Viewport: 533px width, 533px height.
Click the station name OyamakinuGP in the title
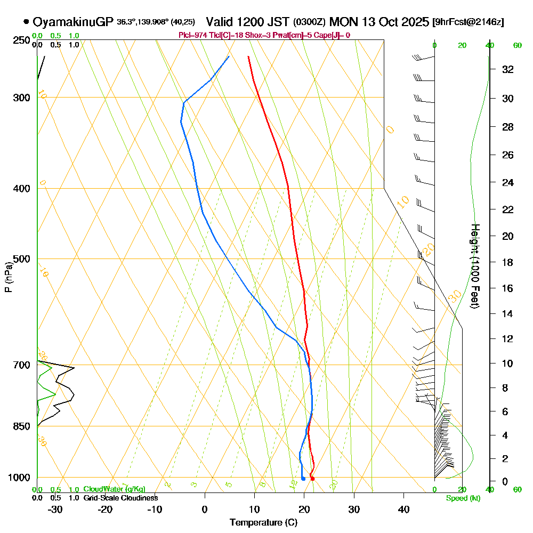(x=73, y=22)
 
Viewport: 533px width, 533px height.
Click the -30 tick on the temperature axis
(x=55, y=509)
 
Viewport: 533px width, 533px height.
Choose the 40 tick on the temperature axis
(x=403, y=509)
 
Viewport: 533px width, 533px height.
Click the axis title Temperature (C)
(x=263, y=522)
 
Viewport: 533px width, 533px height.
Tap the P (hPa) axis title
(x=8, y=277)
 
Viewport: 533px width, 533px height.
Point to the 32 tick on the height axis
(x=508, y=69)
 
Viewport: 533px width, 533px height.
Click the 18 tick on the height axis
(x=508, y=262)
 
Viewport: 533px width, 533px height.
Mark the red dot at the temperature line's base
(x=312, y=479)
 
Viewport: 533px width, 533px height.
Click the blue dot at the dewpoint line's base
(x=303, y=479)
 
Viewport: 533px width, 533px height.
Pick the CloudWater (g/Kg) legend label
(x=114, y=489)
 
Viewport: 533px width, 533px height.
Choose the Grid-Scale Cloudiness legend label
(x=120, y=498)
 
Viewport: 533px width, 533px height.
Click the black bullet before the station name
(x=26, y=22)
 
